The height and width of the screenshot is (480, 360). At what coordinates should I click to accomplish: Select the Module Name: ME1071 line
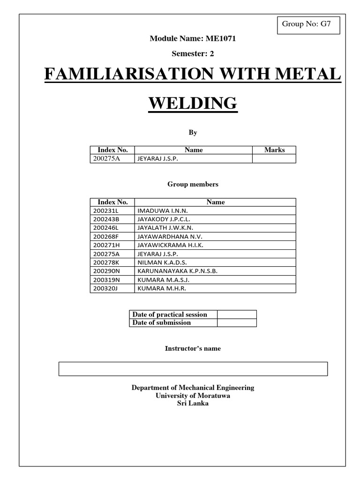(193, 38)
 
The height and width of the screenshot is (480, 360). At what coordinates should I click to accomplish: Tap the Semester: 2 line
(193, 53)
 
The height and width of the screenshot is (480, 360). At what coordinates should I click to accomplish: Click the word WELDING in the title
(193, 103)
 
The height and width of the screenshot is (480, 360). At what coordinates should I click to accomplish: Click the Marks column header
(274, 150)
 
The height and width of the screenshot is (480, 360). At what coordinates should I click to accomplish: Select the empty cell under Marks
(274, 159)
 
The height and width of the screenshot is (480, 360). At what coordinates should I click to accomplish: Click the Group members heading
(193, 184)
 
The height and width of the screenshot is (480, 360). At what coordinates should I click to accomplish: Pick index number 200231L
(106, 211)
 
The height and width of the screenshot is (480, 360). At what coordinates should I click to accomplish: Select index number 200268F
(106, 237)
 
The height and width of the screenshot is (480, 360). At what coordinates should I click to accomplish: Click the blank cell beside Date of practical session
(237, 315)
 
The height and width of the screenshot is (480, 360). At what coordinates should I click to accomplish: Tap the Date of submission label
(162, 322)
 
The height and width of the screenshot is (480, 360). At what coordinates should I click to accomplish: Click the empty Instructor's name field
(193, 369)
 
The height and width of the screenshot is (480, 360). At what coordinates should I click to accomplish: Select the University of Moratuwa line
(193, 396)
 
